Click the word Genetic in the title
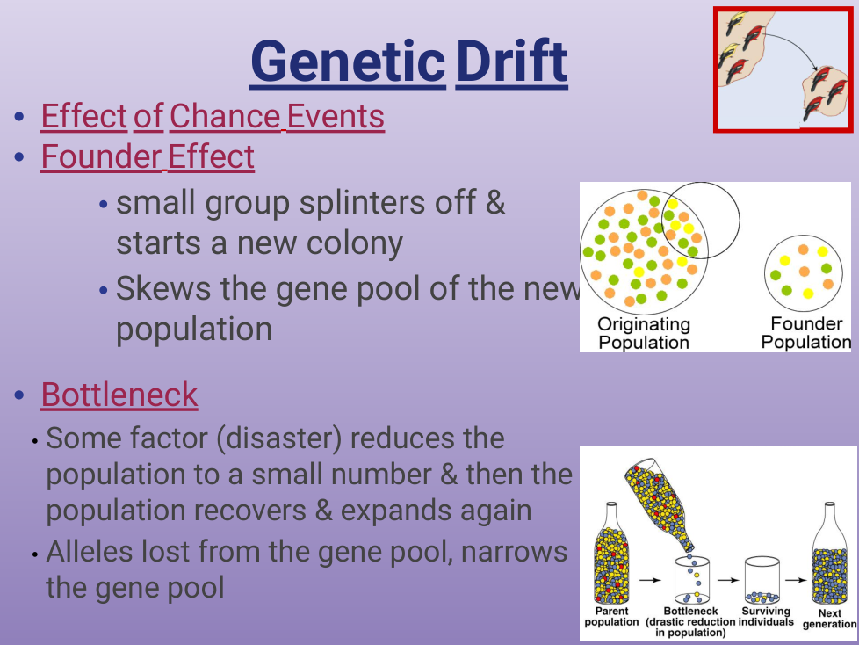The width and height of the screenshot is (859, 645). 348,62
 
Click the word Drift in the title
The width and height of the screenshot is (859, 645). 512,61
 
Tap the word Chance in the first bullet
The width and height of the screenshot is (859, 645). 225,117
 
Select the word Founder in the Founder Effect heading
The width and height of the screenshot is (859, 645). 101,157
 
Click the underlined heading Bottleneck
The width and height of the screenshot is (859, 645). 119,395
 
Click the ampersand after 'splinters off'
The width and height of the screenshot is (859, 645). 495,201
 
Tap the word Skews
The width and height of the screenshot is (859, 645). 163,288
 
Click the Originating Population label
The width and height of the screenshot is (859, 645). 644,333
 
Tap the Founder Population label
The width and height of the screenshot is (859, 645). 806,333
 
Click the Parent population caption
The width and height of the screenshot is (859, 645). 611,617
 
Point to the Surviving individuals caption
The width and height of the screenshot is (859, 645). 766,617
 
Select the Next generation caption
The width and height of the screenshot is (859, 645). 829,619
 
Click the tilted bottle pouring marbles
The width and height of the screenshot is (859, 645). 659,504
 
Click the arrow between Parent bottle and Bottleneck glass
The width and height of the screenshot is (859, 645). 650,580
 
